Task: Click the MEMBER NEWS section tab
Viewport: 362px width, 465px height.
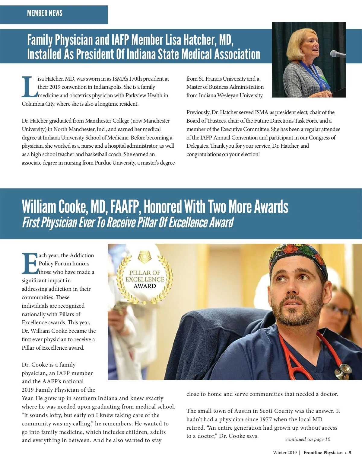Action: coord(45,13)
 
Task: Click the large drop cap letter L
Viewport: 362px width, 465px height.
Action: coord(29,87)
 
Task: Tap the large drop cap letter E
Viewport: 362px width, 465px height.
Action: coord(30,264)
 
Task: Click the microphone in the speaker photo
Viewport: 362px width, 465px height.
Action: coord(336,54)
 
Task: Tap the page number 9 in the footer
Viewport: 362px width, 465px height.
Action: coord(350,453)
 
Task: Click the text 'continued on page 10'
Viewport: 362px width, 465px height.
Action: coord(308,439)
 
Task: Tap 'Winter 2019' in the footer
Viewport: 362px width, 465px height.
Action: coord(285,453)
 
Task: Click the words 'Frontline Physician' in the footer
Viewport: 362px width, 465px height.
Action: coord(323,453)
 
